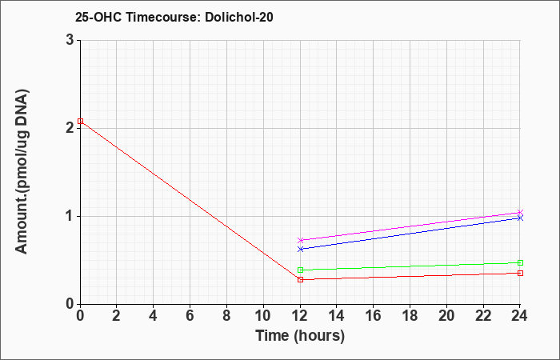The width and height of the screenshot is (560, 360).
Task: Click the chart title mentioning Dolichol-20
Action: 174,17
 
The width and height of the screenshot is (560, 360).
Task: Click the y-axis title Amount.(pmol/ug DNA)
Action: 22,172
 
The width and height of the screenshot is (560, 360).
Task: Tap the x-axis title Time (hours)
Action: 300,336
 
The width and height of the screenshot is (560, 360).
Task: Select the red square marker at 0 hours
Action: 80,121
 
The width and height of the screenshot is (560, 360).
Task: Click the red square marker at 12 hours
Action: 300,279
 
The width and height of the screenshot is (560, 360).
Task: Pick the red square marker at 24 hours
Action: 520,274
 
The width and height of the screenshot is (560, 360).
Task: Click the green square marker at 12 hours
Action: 300,270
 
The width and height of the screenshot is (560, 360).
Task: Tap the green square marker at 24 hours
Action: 520,263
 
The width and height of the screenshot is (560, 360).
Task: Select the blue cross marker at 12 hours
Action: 300,249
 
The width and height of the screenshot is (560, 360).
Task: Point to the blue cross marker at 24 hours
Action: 520,218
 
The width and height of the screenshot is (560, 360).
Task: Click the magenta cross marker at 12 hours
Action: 300,240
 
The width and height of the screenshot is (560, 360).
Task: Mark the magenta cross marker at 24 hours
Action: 520,213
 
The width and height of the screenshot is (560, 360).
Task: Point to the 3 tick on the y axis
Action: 70,40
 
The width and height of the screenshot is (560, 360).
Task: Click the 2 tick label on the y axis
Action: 70,128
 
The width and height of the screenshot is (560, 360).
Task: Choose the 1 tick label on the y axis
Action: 70,217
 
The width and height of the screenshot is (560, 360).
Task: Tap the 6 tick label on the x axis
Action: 190,316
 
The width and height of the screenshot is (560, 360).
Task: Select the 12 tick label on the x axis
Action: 300,316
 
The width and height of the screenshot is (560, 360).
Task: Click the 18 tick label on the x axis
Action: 410,316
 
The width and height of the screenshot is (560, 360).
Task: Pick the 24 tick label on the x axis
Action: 520,316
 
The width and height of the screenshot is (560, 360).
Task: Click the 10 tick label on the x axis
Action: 263,316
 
